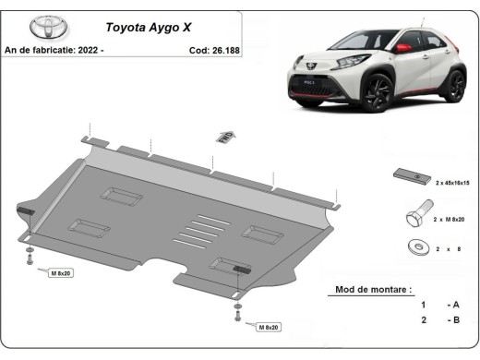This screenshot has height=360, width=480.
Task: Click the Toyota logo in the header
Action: [42, 26]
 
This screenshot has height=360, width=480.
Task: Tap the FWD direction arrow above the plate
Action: [223, 138]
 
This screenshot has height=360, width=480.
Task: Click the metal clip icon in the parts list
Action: [411, 175]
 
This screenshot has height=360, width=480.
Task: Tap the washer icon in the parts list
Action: [413, 247]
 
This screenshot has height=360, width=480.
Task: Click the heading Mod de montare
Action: [367, 289]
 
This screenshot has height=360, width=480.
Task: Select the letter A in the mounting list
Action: [454, 305]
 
